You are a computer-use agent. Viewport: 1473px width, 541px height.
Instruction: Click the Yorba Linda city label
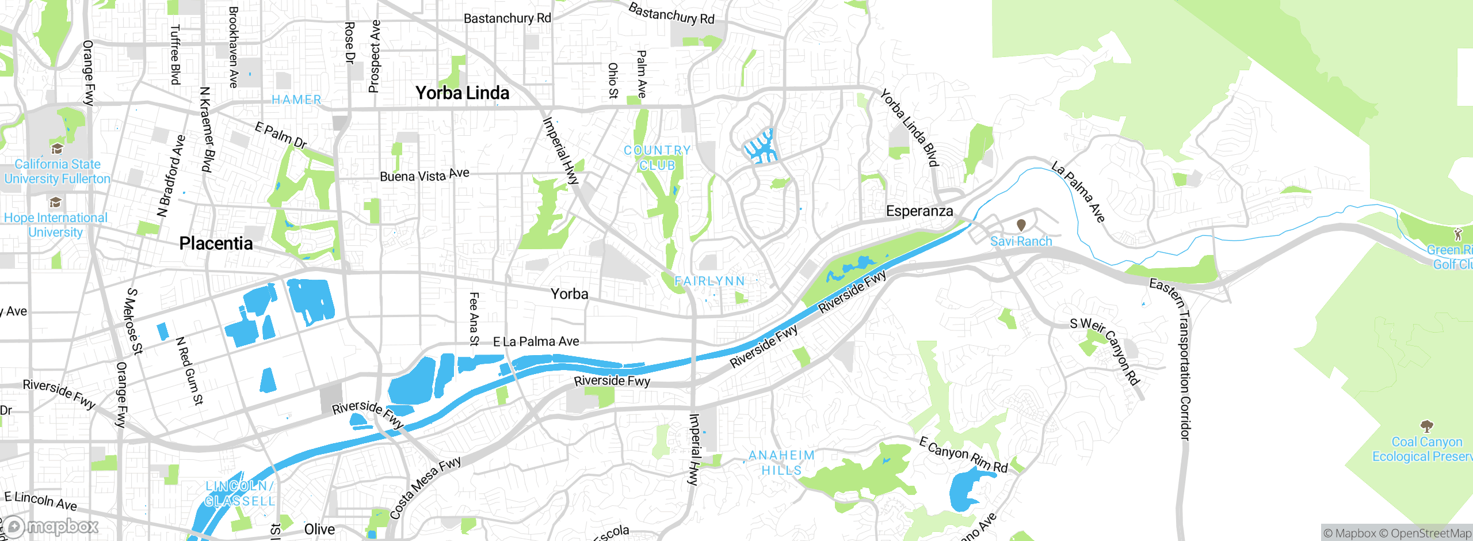[462, 93]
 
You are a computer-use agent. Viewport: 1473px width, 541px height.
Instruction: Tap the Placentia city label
[216, 243]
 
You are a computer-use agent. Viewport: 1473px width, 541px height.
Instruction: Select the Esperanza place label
[919, 211]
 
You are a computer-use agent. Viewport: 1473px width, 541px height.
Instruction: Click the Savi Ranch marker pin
[1021, 225]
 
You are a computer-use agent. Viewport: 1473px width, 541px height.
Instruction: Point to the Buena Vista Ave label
[425, 175]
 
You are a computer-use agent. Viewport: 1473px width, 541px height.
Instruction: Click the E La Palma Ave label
[536, 342]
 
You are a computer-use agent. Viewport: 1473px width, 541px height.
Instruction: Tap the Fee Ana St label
[474, 319]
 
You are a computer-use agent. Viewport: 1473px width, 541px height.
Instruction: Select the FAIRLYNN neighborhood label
[709, 281]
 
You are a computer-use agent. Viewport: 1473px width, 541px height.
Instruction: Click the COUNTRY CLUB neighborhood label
[657, 158]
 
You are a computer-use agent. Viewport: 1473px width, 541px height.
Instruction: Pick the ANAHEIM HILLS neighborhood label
[781, 463]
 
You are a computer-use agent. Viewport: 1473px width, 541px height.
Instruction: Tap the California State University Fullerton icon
[56, 150]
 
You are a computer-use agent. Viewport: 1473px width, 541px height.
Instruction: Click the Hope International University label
[56, 225]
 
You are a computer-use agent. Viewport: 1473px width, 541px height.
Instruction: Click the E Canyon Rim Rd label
[963, 455]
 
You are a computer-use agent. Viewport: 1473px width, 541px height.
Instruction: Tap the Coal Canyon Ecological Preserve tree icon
[1426, 426]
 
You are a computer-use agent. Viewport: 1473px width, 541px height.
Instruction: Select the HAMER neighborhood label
[296, 100]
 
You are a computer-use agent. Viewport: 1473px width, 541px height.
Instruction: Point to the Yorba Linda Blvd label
[909, 128]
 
